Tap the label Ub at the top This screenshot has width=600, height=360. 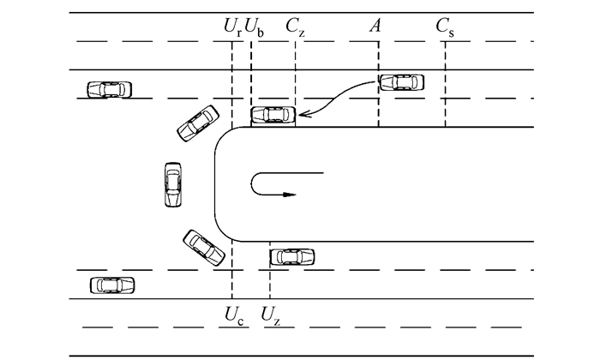[x=255, y=27]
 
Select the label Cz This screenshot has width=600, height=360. [x=296, y=27]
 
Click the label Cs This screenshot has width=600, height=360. [x=445, y=27]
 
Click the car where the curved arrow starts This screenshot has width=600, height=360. [x=401, y=82]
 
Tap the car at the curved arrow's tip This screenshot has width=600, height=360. [x=273, y=115]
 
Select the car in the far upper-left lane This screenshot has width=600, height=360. [x=110, y=88]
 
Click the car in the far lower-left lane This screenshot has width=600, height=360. [x=112, y=284]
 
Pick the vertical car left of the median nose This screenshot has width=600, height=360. [x=172, y=183]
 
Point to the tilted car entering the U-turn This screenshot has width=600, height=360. [x=197, y=123]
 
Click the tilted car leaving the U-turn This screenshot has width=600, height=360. [x=204, y=247]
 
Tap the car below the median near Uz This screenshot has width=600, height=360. [x=291, y=256]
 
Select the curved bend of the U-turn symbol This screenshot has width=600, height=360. [x=254, y=184]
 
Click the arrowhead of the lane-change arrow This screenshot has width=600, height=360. [x=302, y=115]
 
